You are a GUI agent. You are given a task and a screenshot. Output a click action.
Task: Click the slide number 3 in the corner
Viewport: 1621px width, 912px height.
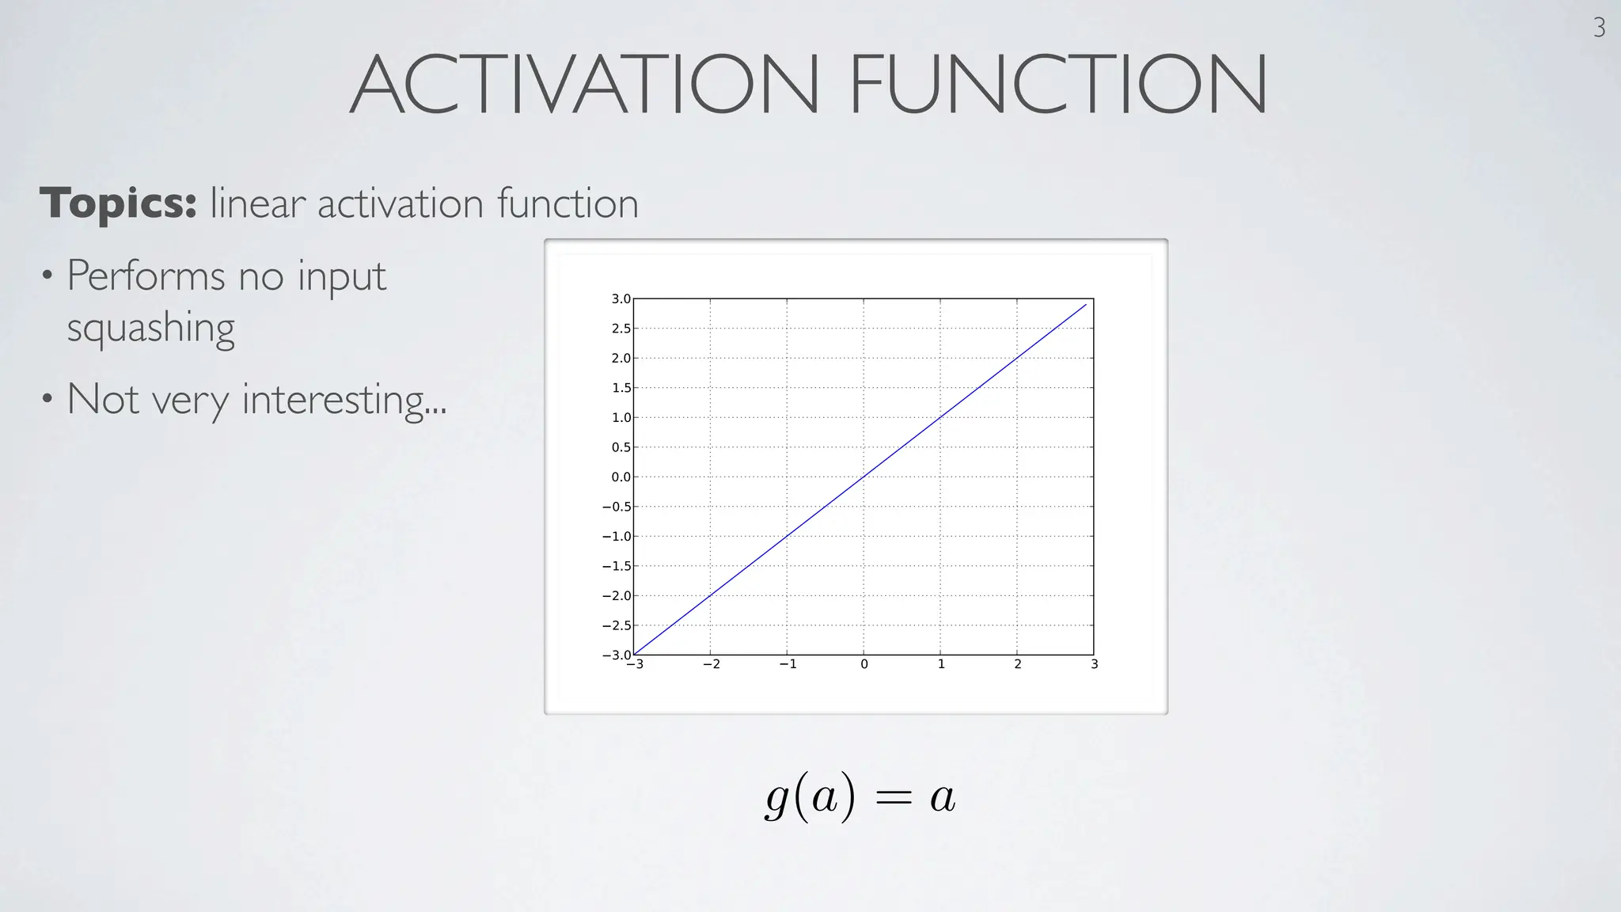point(1599,28)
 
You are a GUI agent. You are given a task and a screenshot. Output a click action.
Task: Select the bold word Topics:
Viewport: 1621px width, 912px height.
point(118,203)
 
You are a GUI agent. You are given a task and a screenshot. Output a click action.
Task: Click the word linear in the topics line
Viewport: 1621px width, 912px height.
point(257,203)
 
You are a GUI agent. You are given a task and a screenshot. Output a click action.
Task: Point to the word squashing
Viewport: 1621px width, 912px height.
point(150,328)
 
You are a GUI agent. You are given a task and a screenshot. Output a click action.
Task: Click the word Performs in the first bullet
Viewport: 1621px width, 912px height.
point(146,276)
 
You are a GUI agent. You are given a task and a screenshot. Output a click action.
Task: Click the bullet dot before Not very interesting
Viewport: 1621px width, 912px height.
point(47,398)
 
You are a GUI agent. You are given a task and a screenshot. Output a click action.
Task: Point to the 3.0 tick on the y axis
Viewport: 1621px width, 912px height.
point(621,299)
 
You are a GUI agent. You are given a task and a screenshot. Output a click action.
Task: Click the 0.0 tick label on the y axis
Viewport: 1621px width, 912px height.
point(621,477)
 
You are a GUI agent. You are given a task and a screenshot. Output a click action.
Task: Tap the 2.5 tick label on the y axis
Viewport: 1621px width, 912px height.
point(621,329)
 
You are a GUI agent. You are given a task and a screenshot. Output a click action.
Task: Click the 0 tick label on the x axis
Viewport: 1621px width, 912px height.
point(864,665)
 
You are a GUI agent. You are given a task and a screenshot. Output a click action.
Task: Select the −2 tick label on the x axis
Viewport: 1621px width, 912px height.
point(711,665)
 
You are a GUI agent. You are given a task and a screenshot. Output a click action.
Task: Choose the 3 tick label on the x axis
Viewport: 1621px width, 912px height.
point(1094,665)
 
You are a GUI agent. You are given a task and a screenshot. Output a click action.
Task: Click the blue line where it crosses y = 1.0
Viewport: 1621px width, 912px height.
point(940,417)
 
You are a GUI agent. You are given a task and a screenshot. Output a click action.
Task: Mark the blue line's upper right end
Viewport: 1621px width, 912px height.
point(1085,305)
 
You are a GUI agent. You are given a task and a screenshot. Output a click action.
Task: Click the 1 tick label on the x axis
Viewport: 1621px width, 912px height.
point(940,665)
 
